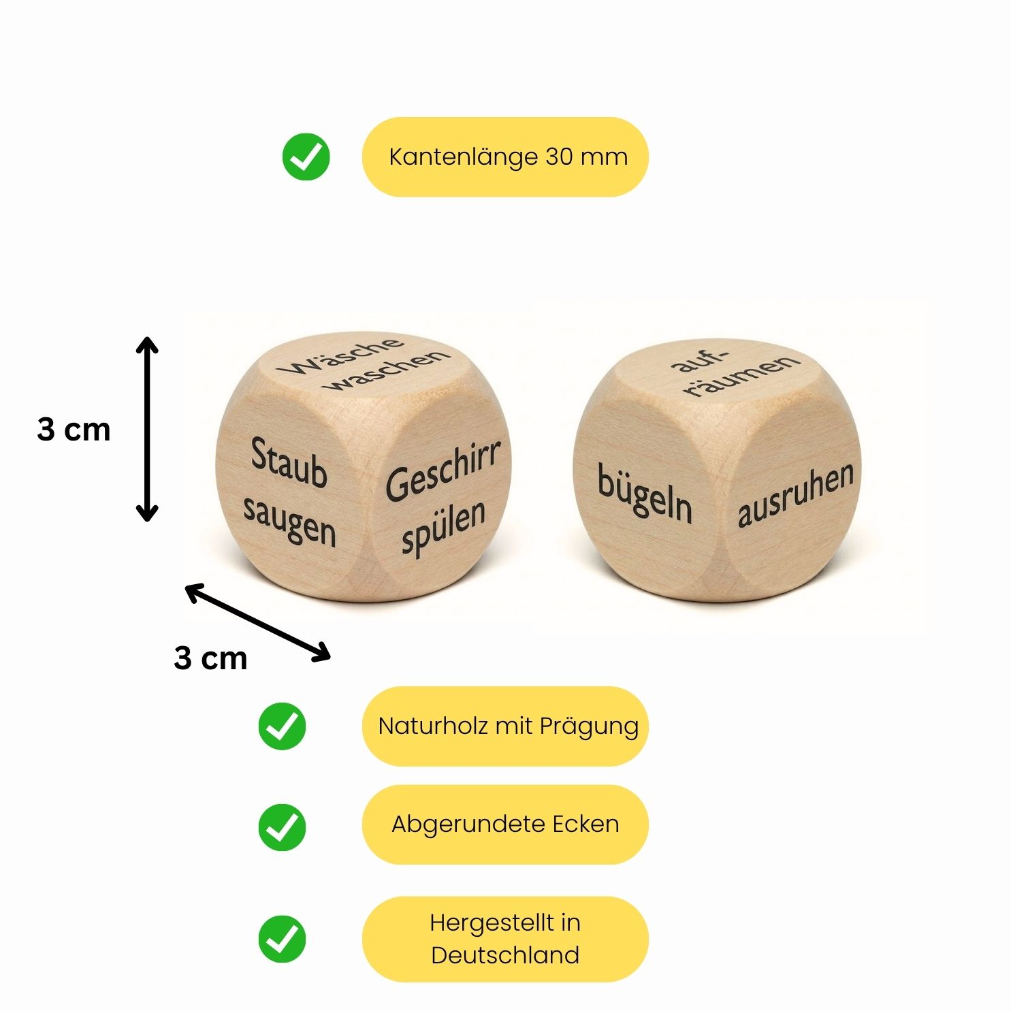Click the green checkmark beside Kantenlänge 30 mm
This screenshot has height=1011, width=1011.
coord(306,157)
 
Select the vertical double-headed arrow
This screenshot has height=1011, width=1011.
coord(147,429)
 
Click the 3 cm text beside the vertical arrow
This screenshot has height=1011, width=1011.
coord(74,430)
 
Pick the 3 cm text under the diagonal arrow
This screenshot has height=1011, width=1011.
coord(210,658)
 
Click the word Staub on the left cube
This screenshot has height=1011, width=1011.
coord(289,463)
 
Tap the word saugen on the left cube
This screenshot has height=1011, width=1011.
coord(290,521)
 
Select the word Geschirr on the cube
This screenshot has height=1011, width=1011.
coord(443,472)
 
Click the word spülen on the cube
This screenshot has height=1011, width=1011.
coord(444,526)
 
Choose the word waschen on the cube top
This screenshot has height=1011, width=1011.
coord(387,370)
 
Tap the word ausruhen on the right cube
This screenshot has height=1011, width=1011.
coord(795,495)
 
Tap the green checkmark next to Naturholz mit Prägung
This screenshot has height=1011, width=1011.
coord(282,726)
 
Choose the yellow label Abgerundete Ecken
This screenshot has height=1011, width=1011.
coord(505,824)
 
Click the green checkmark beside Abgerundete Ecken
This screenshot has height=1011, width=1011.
coord(282,827)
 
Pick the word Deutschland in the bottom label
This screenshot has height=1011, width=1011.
coord(505,955)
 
